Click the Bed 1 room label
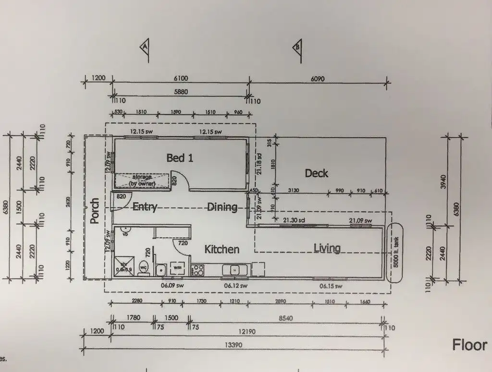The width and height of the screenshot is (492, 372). click(180, 157)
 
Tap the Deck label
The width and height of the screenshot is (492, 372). click(317, 173)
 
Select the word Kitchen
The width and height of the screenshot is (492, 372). click(222, 249)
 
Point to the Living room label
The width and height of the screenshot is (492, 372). click(327, 248)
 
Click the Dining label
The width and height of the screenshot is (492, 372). click(222, 207)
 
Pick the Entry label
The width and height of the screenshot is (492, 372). click(145, 207)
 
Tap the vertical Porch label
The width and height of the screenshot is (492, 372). click(95, 211)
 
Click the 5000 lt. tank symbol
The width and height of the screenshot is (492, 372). click(395, 252)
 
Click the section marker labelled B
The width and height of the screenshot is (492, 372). click(297, 48)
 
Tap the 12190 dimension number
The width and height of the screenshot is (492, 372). click(246, 332)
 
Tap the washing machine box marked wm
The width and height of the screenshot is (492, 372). click(177, 267)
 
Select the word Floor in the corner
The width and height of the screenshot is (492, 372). click(469, 345)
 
